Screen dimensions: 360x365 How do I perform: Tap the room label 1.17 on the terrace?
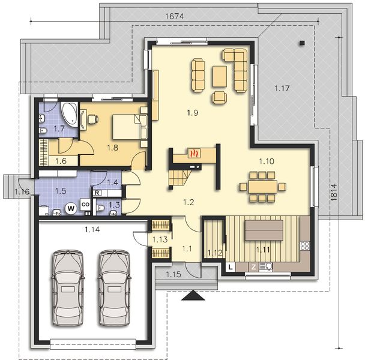(x=282, y=89)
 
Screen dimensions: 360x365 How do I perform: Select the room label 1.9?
(x=193, y=112)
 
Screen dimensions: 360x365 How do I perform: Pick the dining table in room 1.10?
(x=263, y=185)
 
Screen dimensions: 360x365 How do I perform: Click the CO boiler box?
(x=85, y=205)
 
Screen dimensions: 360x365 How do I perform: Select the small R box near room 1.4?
(x=97, y=193)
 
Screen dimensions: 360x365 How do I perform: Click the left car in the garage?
(x=67, y=287)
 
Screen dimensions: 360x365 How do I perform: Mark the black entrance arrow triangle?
(x=195, y=295)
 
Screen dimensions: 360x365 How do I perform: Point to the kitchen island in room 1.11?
(x=263, y=229)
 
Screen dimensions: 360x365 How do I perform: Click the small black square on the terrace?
(x=302, y=43)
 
